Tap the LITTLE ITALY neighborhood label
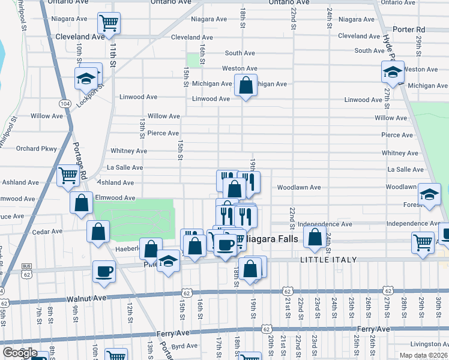click(x=328, y=260)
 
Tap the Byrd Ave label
click(x=184, y=346)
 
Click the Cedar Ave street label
click(x=47, y=231)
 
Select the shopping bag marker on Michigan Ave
click(x=246, y=85)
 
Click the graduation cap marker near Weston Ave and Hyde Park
click(x=393, y=72)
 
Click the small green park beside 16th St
click(x=193, y=60)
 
